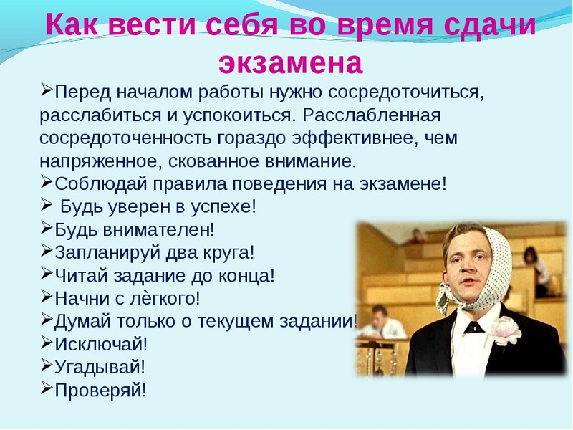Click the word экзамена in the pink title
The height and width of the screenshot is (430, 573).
tap(291, 63)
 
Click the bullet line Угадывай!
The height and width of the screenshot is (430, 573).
tap(93, 367)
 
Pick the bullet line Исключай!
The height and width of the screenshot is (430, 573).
tap(94, 344)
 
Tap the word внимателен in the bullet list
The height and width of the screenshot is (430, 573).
tap(156, 229)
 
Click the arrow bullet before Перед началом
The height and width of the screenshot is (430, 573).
tap(47, 89)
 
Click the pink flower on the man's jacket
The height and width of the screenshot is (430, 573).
tap(507, 330)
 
